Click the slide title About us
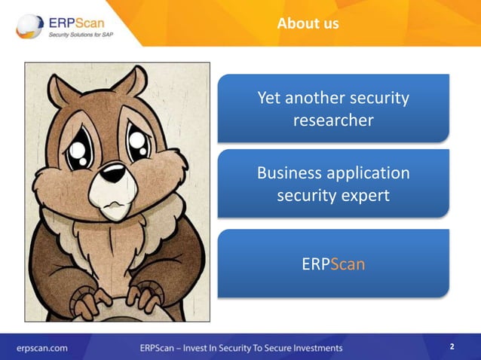point(308,23)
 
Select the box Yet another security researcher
point(333,108)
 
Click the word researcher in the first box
point(333,120)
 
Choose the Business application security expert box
point(333,184)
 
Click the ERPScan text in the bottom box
point(332,264)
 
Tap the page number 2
point(452,346)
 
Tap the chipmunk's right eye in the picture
point(139,142)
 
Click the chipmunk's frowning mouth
point(112,203)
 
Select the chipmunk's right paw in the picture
point(148,294)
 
